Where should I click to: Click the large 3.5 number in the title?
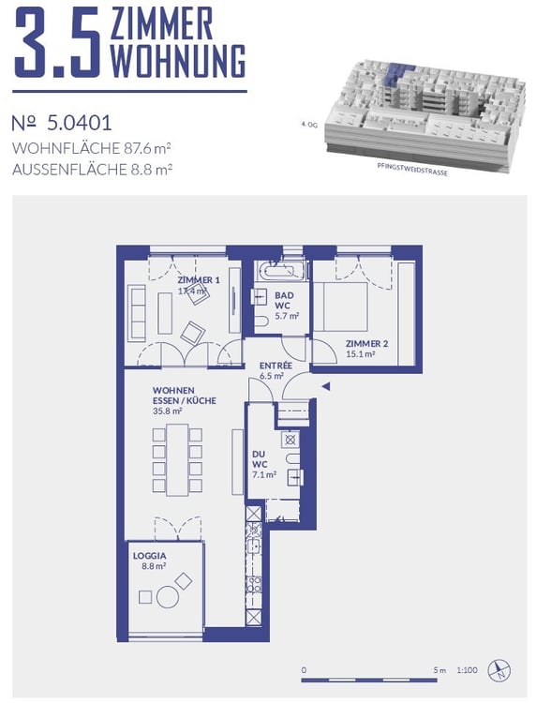click(x=56, y=44)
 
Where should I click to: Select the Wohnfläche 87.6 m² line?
click(x=93, y=148)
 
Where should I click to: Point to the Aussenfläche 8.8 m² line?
click(x=93, y=170)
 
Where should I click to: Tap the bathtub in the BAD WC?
click(x=281, y=273)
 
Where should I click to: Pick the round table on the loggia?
click(x=166, y=596)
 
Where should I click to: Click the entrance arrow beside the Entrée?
click(x=325, y=385)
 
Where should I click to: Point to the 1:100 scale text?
click(x=467, y=670)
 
